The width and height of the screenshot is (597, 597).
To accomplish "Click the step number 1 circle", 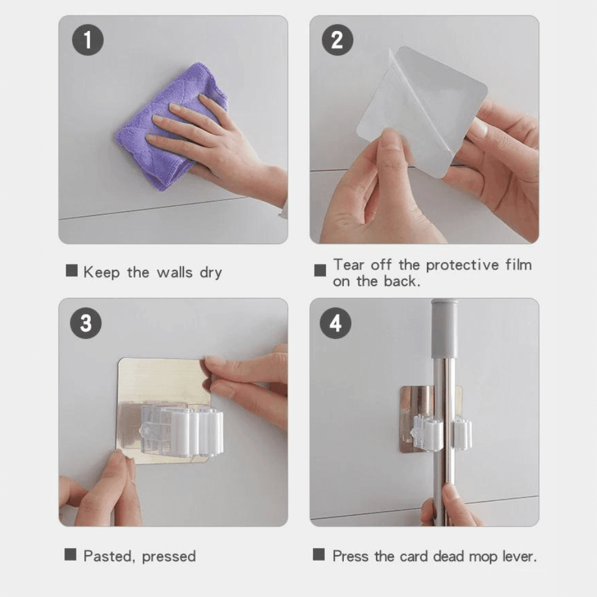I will pyautogui.click(x=88, y=41).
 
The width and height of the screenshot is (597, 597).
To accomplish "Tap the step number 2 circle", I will pyautogui.click(x=337, y=41).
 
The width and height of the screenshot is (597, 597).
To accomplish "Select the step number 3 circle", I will pyautogui.click(x=86, y=324).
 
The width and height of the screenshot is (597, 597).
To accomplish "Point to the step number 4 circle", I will pyautogui.click(x=336, y=324).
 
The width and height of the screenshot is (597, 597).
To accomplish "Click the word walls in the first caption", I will pyautogui.click(x=175, y=273).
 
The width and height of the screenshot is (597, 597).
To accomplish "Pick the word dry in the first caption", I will pyautogui.click(x=211, y=273).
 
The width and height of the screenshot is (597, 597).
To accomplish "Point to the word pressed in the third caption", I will pyautogui.click(x=169, y=557).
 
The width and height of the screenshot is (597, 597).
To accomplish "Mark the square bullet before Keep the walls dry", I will pyautogui.click(x=72, y=271).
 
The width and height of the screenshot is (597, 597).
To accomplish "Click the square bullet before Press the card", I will pyautogui.click(x=319, y=555).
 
